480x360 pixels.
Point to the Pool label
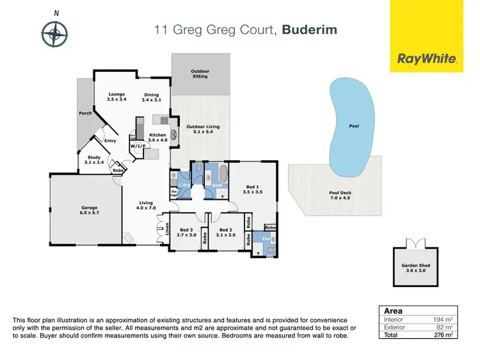(x=354, y=126)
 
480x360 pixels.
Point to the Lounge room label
(x=116, y=97)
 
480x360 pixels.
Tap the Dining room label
(x=151, y=97)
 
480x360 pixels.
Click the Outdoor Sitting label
(x=200, y=74)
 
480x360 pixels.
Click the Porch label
(x=85, y=114)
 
